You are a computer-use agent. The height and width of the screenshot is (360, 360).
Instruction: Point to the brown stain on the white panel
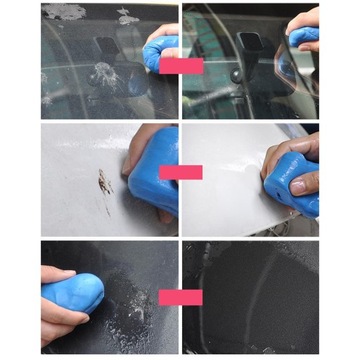[104, 182]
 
